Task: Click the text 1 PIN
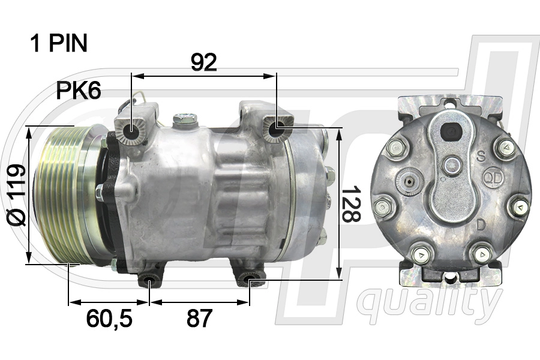click(x=59, y=43)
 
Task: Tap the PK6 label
click(x=78, y=91)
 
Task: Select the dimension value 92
click(x=203, y=62)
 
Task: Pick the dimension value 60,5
click(x=109, y=319)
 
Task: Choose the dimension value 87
click(x=199, y=319)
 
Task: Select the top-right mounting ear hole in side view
click(x=277, y=129)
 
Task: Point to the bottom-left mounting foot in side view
click(x=149, y=280)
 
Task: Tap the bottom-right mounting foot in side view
click(x=247, y=279)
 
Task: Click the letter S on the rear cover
click(x=481, y=158)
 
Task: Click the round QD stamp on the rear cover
click(x=493, y=179)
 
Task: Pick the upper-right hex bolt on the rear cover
click(x=505, y=148)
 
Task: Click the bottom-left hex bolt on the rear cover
click(x=421, y=254)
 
